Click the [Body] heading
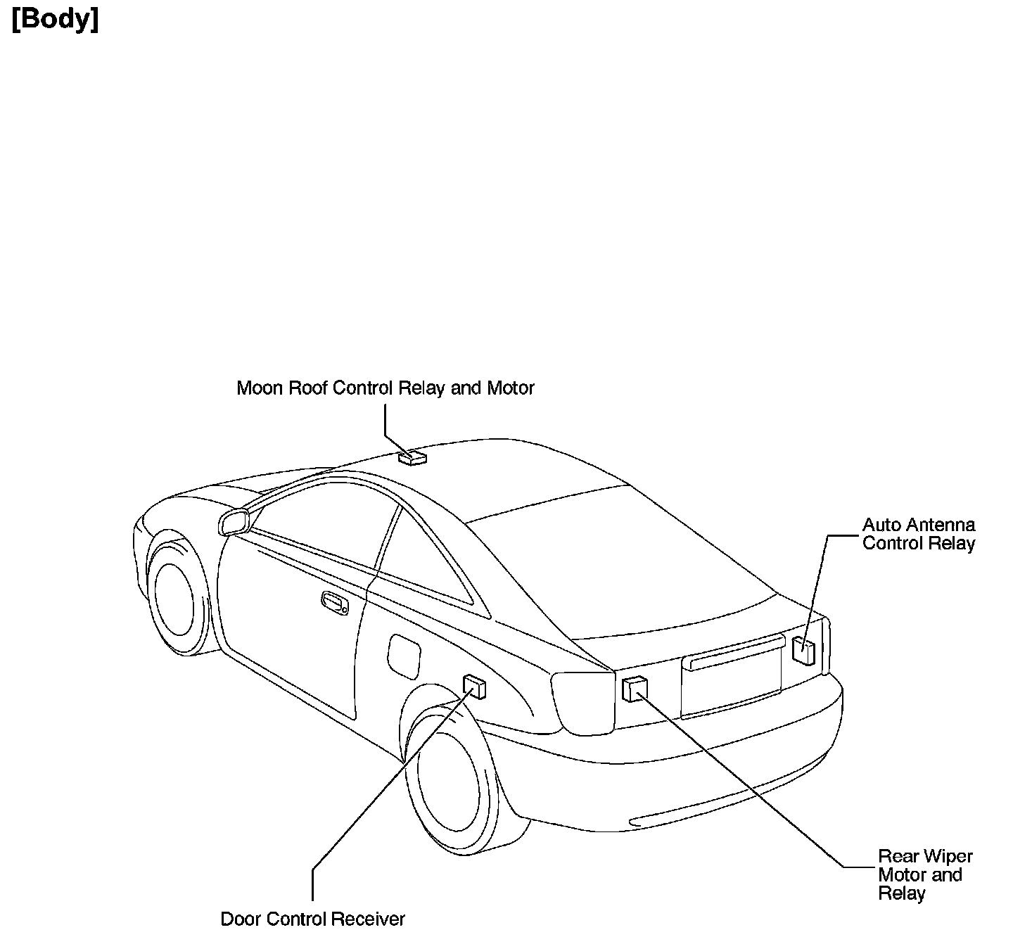pyautogui.click(x=56, y=19)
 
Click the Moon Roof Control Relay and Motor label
pyautogui.click(x=386, y=388)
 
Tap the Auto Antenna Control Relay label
pyautogui.click(x=919, y=534)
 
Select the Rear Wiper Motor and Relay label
pyautogui.click(x=925, y=874)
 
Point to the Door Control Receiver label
pyautogui.click(x=313, y=919)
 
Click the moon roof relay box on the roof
pyautogui.click(x=412, y=459)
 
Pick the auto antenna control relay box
pyautogui.click(x=803, y=650)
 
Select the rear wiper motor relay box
pyautogui.click(x=634, y=689)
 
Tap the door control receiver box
pyautogui.click(x=474, y=687)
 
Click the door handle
pyautogui.click(x=334, y=603)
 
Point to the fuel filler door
pyautogui.click(x=404, y=656)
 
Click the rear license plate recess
pyautogui.click(x=732, y=681)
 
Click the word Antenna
pyautogui.click(x=941, y=525)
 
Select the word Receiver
pyautogui.click(x=368, y=919)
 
